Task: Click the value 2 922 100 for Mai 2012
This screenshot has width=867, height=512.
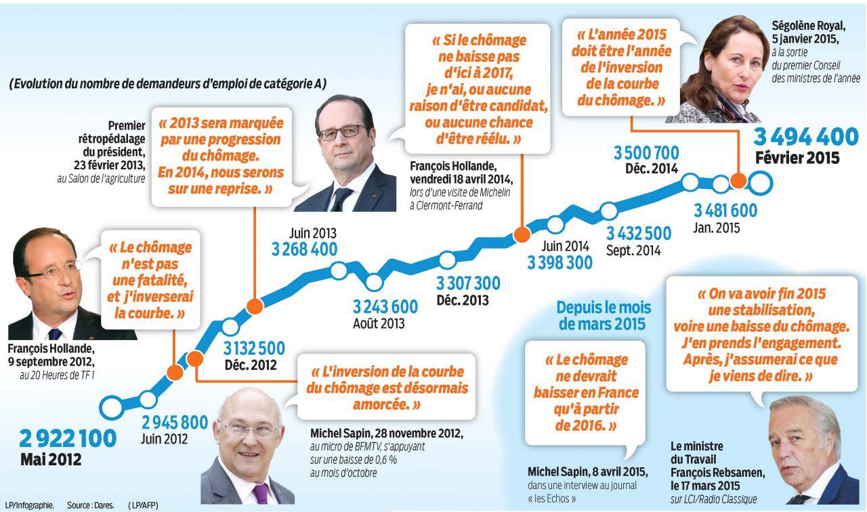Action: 68,438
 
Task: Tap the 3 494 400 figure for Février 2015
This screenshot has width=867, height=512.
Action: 806,137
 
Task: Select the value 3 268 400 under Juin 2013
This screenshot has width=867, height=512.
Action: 305,249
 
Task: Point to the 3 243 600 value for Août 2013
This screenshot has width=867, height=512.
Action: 385,306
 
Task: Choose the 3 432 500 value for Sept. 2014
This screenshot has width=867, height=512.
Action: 639,234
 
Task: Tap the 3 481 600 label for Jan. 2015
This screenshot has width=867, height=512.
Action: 725,211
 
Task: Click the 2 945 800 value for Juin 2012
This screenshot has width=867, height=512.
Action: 174,423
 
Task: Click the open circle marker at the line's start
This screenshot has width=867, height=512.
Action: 111,408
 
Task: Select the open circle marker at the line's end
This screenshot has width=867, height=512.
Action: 761,182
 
